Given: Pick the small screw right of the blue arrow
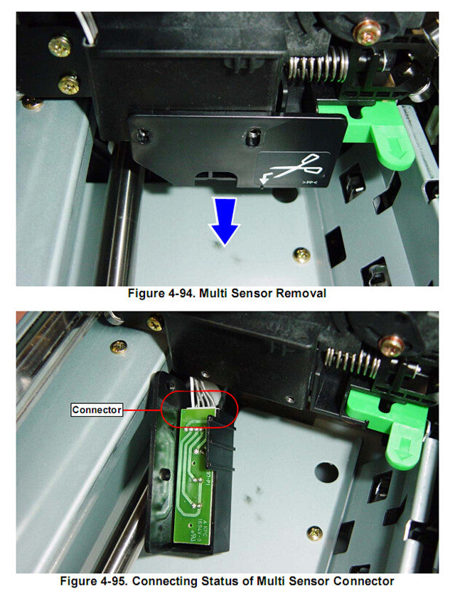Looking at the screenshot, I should coord(302,255).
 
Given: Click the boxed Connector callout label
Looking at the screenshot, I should coord(97,410).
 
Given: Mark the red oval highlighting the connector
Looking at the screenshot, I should coord(200,409).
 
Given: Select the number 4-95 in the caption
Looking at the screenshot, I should coord(124,580).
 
